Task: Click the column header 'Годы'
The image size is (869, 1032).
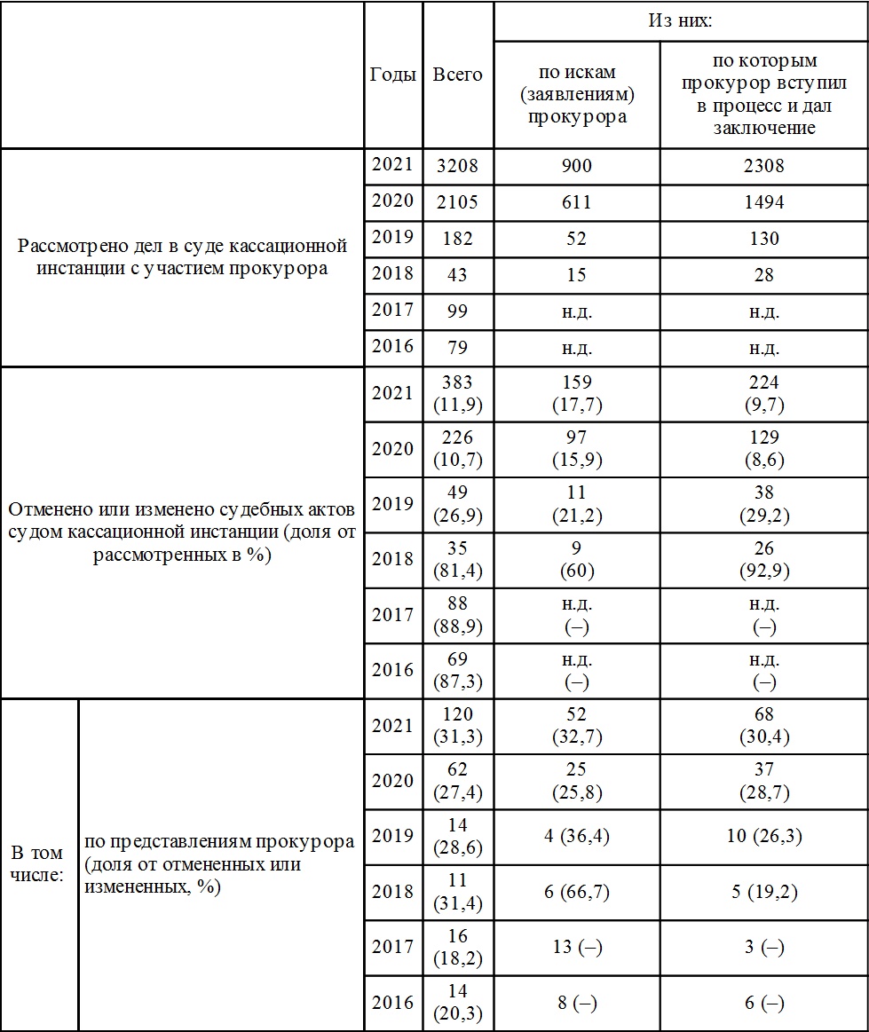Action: pyautogui.click(x=392, y=75)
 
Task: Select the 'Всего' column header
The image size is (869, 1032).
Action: pyautogui.click(x=457, y=75)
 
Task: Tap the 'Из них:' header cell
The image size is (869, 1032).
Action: pyautogui.click(x=680, y=20)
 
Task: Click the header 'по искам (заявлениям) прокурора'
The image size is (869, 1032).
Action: pyautogui.click(x=576, y=94)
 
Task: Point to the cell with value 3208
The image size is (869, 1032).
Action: pyautogui.click(x=457, y=166)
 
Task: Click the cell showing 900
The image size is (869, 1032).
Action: pyautogui.click(x=576, y=166)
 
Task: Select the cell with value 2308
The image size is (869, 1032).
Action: pyautogui.click(x=763, y=166)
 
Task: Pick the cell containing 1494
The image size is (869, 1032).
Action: pyautogui.click(x=763, y=202)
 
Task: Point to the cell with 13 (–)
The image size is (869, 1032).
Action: pyautogui.click(x=576, y=948)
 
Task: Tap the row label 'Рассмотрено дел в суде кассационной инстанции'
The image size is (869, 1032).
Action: pyautogui.click(x=182, y=257)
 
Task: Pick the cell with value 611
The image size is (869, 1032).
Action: pyautogui.click(x=576, y=202)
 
